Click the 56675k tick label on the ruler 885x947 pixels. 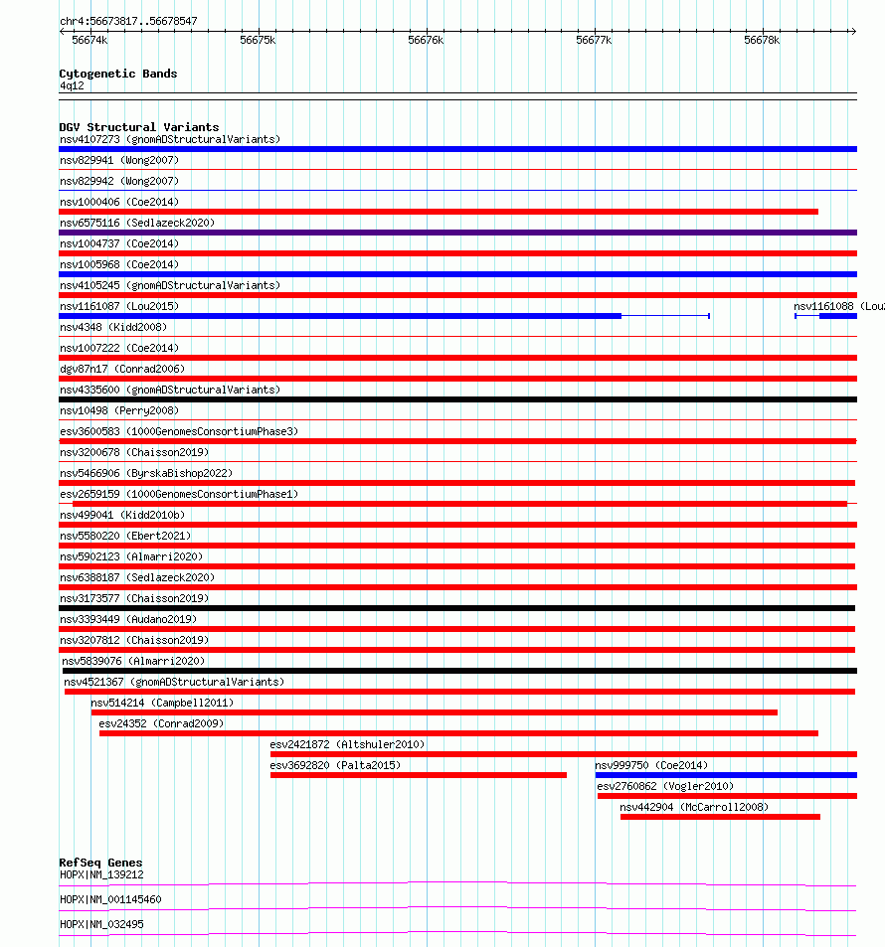(x=258, y=40)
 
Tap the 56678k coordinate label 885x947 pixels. (x=762, y=40)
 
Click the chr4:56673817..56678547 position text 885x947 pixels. (x=128, y=20)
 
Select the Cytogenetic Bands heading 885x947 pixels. (x=117, y=74)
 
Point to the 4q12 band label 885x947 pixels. (x=72, y=85)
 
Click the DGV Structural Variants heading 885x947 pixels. (x=138, y=127)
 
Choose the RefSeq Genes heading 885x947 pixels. (x=100, y=863)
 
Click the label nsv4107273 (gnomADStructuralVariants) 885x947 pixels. (x=170, y=139)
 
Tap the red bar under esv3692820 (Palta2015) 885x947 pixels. (x=418, y=775)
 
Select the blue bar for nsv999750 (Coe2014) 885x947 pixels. (x=726, y=775)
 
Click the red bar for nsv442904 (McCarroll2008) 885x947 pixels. (x=720, y=817)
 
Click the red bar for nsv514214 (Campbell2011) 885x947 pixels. (x=434, y=712)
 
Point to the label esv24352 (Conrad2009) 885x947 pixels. (x=161, y=723)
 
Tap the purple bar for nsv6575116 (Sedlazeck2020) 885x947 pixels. (x=457, y=233)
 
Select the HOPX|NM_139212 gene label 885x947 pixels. (x=101, y=874)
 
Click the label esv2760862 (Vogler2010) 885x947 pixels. (x=665, y=786)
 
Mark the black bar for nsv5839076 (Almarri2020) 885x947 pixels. (x=458, y=671)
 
